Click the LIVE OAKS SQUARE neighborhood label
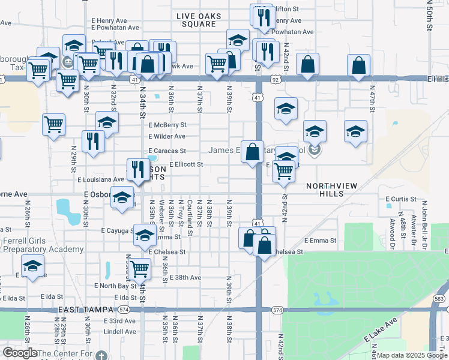tap(198, 20)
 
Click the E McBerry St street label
tap(167, 125)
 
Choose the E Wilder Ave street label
tap(167, 137)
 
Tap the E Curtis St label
tap(401, 199)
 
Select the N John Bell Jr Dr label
tap(423, 223)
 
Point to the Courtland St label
tap(190, 213)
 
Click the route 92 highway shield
tap(274, 79)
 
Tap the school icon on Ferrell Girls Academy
tap(32, 265)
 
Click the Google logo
tap(20, 353)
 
